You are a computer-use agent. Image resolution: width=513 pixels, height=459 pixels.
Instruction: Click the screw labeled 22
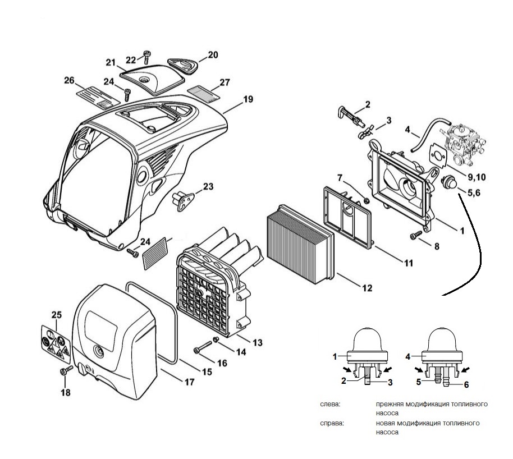click(x=147, y=57)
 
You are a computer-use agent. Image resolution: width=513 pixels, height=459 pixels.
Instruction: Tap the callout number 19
click(x=248, y=99)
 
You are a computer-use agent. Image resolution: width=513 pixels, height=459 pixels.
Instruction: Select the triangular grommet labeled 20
click(x=183, y=66)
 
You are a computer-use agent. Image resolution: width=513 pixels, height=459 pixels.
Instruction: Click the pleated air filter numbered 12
click(x=300, y=244)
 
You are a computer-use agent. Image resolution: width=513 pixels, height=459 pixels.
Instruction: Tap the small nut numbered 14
click(x=216, y=340)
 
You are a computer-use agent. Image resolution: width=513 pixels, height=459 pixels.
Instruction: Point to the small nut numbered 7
click(x=366, y=200)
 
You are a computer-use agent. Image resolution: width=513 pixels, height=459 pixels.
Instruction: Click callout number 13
click(x=258, y=342)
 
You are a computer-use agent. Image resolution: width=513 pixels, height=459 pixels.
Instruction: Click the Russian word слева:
click(x=330, y=404)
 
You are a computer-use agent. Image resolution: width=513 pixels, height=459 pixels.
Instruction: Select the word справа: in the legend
click(x=332, y=423)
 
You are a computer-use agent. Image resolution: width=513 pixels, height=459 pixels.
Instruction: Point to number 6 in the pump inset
click(x=466, y=385)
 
